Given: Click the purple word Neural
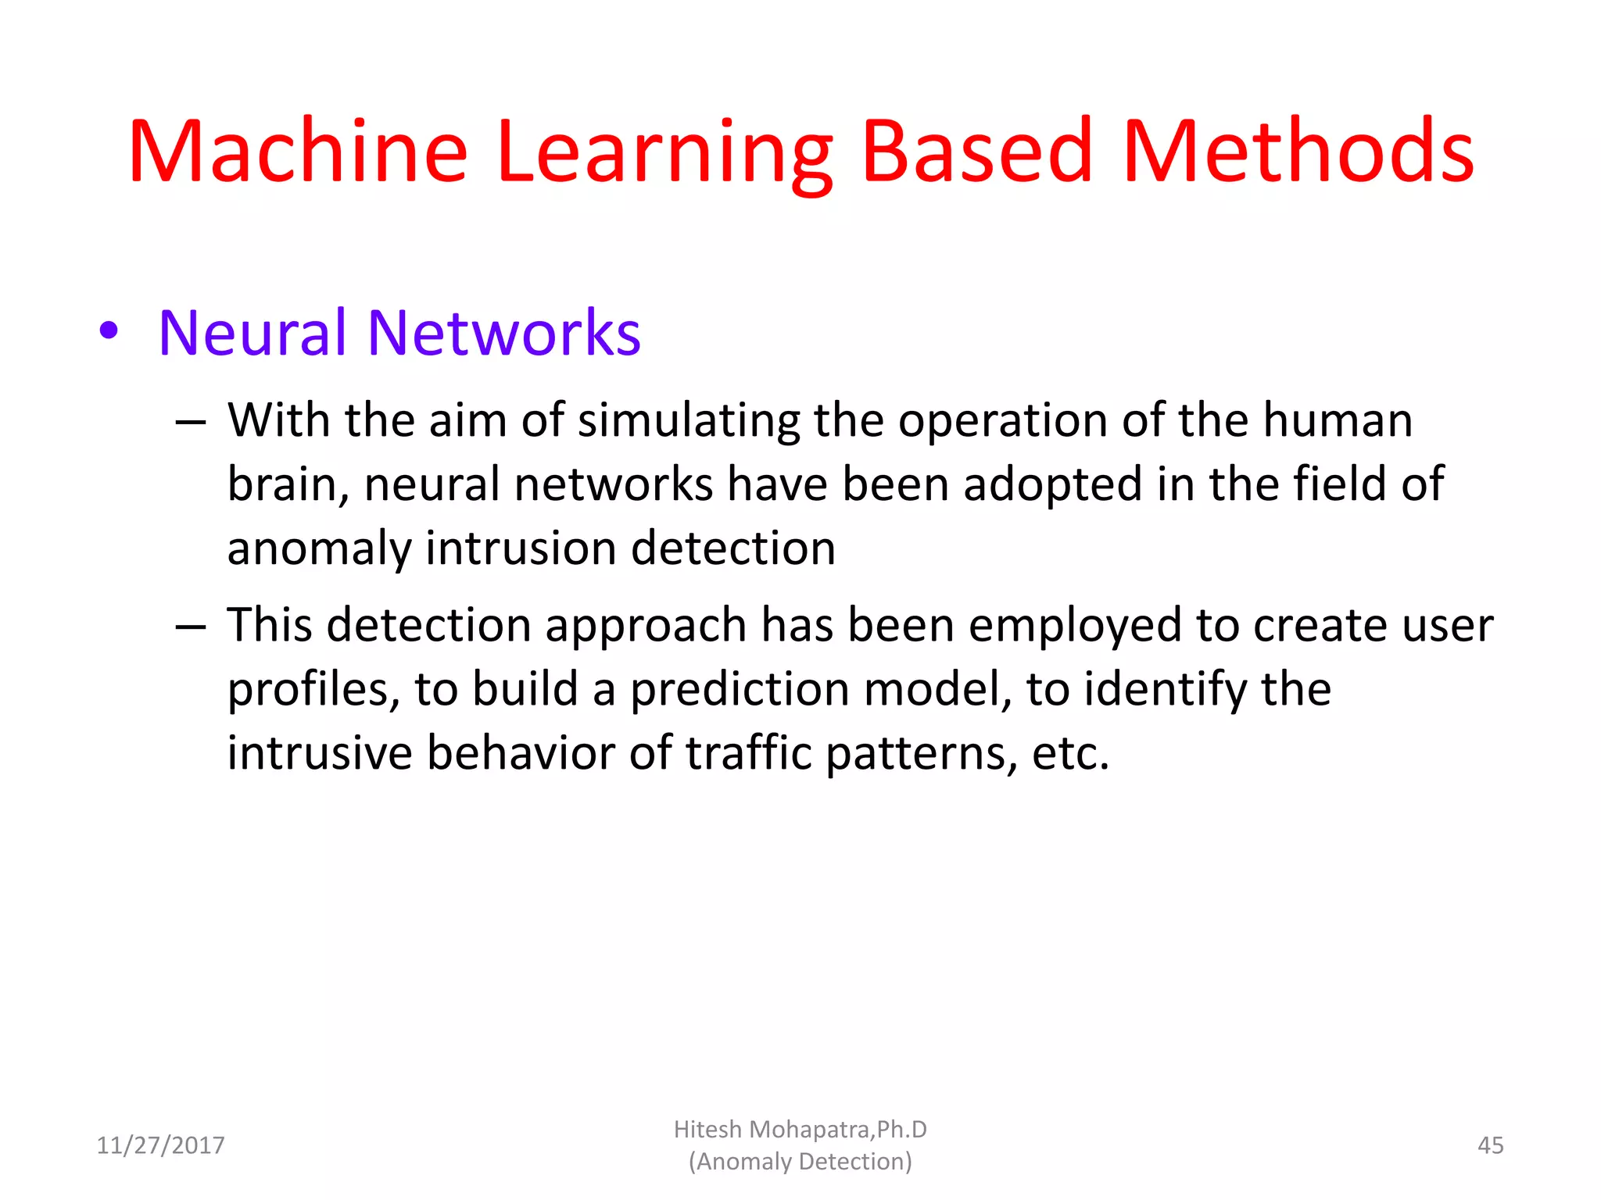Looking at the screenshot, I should [252, 333].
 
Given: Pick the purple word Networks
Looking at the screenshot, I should [503, 333].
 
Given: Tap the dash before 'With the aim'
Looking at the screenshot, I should [191, 423].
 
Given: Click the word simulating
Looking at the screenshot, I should [689, 421].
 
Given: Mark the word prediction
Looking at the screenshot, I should [740, 691].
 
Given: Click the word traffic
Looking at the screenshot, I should [749, 753].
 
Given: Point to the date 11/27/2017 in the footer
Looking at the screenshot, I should [160, 1145].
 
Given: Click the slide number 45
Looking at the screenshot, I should [1490, 1145].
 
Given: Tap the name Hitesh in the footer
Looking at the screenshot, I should [707, 1130].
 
